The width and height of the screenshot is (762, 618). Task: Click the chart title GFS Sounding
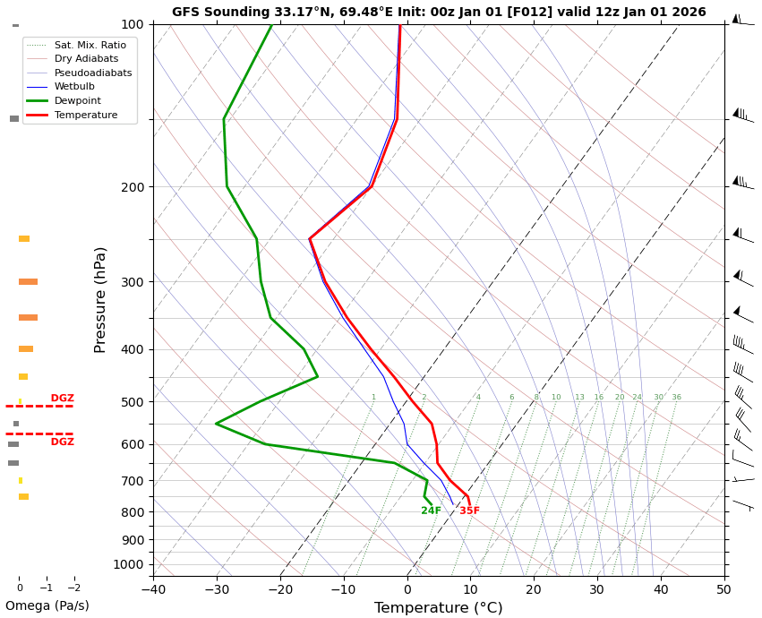click(439, 13)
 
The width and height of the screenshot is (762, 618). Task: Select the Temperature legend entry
click(85, 116)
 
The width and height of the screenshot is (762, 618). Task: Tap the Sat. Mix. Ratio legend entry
click(90, 45)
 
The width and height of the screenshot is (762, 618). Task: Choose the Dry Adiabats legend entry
click(85, 59)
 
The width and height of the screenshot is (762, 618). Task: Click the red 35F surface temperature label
click(469, 511)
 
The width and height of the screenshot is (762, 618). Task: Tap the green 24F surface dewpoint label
click(431, 511)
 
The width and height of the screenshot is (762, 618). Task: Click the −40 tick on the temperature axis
click(153, 589)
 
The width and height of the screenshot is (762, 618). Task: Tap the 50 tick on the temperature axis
click(723, 589)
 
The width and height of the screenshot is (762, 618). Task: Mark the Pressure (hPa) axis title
click(101, 299)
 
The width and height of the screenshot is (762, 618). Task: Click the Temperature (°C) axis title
click(438, 608)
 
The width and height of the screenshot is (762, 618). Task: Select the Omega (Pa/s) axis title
click(47, 606)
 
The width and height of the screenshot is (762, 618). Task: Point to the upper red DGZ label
click(62, 399)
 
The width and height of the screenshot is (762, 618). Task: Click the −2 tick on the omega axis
click(73, 588)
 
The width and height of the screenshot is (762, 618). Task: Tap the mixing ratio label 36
click(676, 398)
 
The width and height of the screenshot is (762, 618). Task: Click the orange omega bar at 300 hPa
click(28, 282)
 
